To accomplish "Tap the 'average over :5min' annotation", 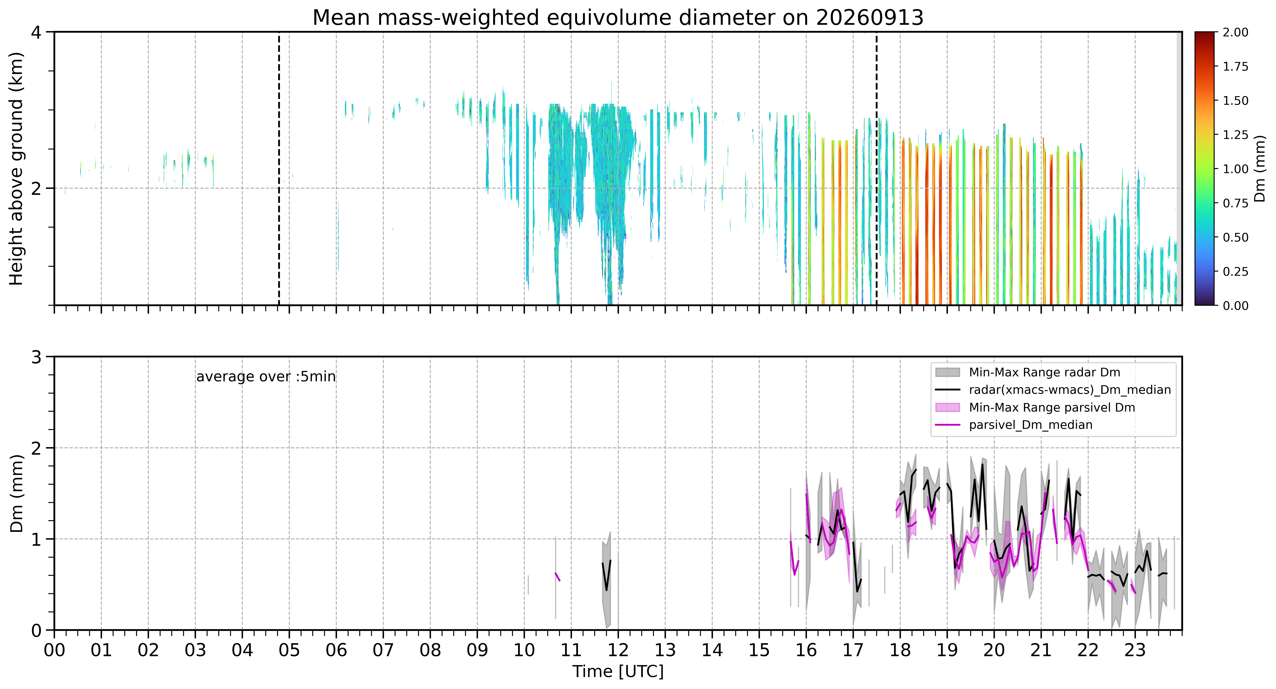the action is point(266,377).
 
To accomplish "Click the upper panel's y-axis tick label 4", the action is point(36,33).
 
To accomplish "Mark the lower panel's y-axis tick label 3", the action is point(36,357).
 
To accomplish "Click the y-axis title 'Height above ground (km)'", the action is point(16,168).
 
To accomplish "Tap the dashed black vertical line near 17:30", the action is point(877,168).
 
